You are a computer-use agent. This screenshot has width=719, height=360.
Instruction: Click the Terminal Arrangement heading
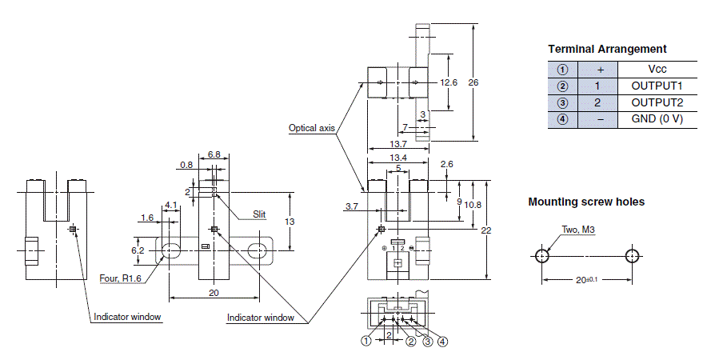click(607, 49)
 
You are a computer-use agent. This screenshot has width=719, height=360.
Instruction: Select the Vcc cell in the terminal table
click(657, 70)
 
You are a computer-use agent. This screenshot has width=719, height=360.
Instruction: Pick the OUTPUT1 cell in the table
click(657, 86)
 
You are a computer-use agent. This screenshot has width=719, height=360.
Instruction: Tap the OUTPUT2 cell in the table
click(657, 102)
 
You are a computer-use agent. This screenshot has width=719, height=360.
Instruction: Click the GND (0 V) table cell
click(657, 119)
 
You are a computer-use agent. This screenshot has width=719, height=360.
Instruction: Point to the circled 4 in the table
click(563, 119)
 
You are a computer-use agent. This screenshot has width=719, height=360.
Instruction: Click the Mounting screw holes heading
click(586, 202)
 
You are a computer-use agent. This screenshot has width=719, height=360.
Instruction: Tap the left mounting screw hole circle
click(541, 255)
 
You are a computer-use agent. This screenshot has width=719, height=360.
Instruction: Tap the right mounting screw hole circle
click(632, 255)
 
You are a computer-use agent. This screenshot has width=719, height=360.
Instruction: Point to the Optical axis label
click(311, 128)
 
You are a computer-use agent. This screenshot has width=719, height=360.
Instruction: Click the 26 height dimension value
click(473, 82)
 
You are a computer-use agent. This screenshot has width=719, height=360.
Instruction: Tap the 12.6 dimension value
click(449, 82)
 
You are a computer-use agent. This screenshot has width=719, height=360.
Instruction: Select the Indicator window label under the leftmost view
click(127, 317)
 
